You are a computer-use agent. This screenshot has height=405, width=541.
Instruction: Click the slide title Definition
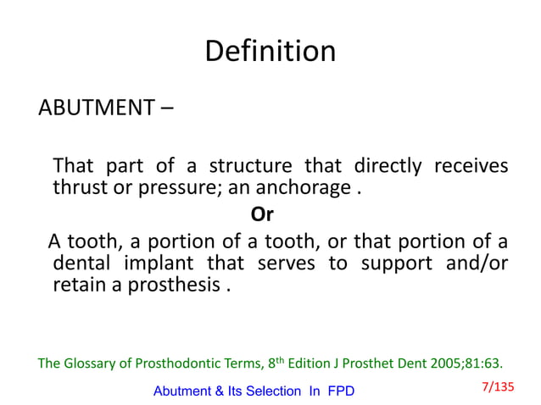coord(270,52)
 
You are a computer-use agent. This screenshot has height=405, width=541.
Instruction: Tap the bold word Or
coord(263,212)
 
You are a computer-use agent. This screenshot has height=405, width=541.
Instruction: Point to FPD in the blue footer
coord(339,391)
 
